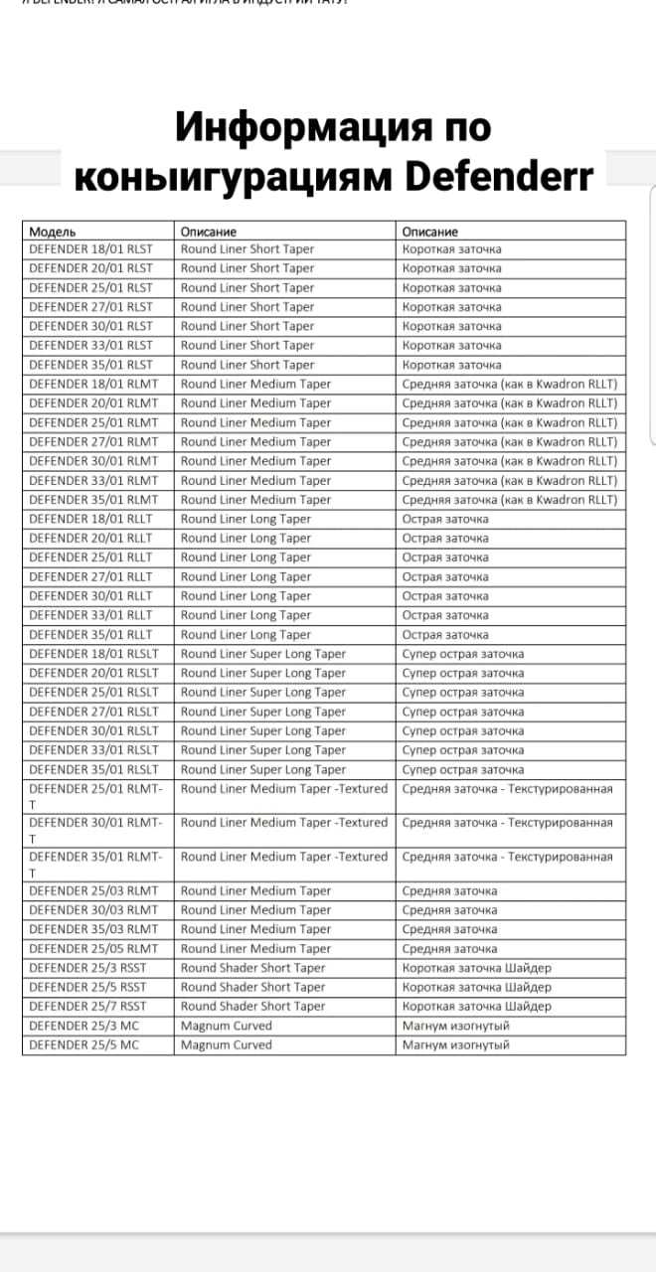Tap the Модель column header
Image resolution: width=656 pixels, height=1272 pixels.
tap(53, 231)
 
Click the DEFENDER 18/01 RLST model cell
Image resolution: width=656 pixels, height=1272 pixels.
tap(91, 249)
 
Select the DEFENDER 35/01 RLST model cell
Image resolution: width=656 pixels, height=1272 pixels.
tap(91, 365)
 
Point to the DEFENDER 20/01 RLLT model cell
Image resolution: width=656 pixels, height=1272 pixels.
tap(91, 538)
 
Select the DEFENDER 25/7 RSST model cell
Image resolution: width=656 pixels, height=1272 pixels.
tap(88, 1006)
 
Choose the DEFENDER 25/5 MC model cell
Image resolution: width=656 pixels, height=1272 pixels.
tap(83, 1044)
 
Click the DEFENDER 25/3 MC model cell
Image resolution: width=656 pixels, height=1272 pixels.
tap(83, 1026)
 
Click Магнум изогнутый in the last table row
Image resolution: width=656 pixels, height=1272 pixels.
tap(455, 1044)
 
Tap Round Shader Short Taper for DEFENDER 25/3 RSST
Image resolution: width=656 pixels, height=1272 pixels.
tap(252, 968)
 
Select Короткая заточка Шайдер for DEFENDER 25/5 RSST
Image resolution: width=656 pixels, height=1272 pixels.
tap(476, 987)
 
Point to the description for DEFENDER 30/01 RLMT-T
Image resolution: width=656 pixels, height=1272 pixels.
tap(283, 823)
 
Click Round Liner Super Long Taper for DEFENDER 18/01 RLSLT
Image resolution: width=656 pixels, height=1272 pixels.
tap(263, 654)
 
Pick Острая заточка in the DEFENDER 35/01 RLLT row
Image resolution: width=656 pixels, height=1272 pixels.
tap(445, 634)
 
